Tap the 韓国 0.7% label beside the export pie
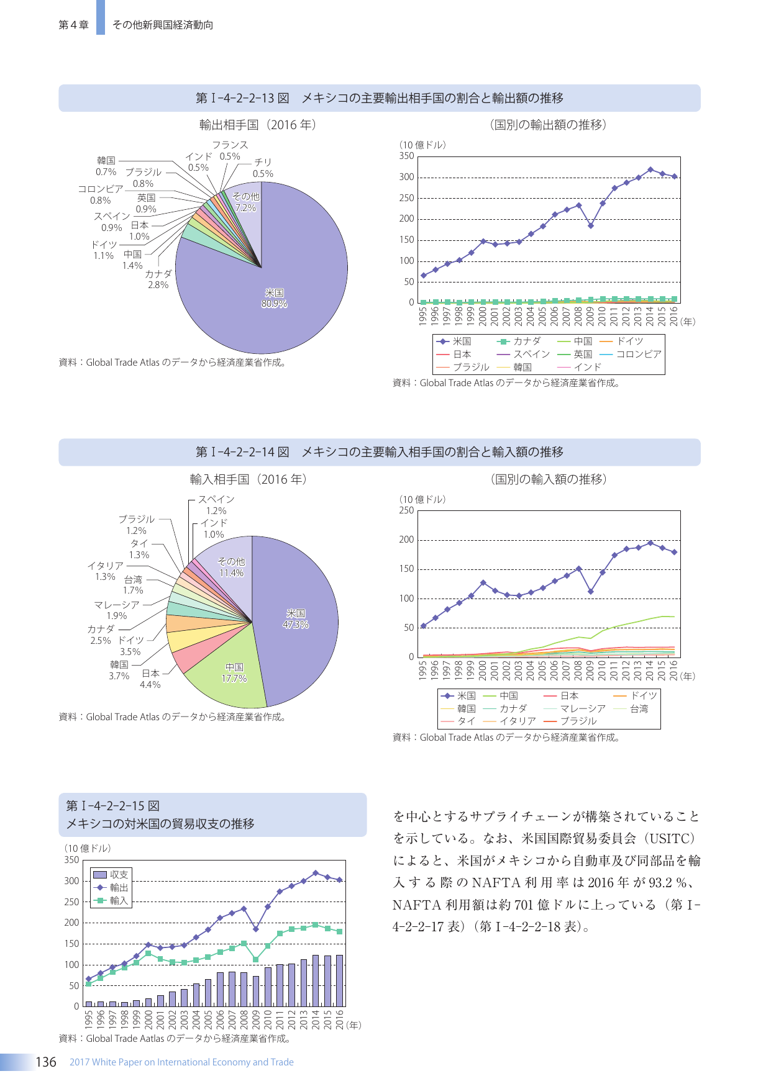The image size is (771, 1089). (106, 166)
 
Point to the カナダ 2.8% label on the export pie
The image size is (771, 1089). (158, 279)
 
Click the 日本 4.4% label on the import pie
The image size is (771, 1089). (150, 679)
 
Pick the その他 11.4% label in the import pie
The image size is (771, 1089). (232, 567)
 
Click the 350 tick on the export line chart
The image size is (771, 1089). (407, 156)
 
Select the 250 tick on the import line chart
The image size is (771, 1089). (406, 510)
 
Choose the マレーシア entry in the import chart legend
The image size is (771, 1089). (575, 708)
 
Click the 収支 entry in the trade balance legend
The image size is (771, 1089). (111, 875)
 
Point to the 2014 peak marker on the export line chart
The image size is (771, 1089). (650, 169)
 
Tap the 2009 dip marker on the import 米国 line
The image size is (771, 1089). (591, 592)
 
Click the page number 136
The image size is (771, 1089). (46, 1062)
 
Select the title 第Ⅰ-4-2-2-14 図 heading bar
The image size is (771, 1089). (380, 452)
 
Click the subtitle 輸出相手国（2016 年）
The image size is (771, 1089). (258, 125)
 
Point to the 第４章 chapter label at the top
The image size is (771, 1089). (73, 25)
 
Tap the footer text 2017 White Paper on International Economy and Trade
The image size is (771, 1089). (181, 1062)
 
